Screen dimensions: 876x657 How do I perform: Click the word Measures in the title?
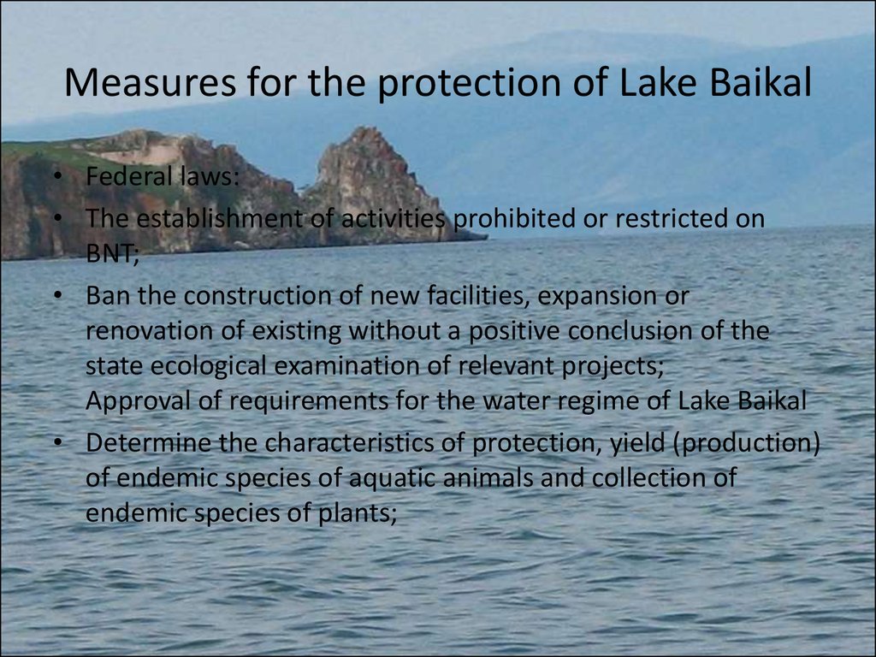click(150, 82)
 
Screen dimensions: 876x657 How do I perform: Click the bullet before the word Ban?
click(57, 296)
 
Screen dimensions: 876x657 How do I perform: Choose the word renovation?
click(149, 331)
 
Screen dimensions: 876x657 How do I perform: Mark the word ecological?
click(209, 366)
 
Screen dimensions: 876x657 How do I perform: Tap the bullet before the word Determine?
click(57, 443)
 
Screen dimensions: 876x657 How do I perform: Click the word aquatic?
click(391, 478)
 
